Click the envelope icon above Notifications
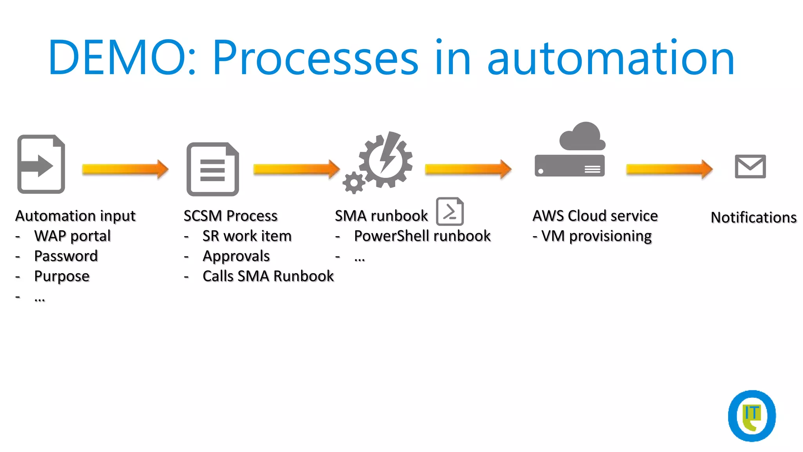pyautogui.click(x=750, y=166)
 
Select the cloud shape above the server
pyautogui.click(x=583, y=137)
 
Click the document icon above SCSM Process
pyautogui.click(x=213, y=169)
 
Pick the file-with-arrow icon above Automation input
pyautogui.click(x=41, y=164)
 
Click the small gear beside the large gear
pyautogui.click(x=354, y=182)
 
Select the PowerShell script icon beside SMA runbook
pyautogui.click(x=450, y=211)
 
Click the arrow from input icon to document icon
pyautogui.click(x=125, y=169)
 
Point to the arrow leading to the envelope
pyautogui.click(x=669, y=169)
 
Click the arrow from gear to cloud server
pyautogui.click(x=468, y=169)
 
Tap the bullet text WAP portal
pyautogui.click(x=73, y=236)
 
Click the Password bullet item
pyautogui.click(x=66, y=256)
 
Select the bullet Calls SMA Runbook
pyautogui.click(x=268, y=276)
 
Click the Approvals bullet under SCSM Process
pyautogui.click(x=236, y=256)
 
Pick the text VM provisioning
pyautogui.click(x=596, y=236)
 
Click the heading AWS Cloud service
pyautogui.click(x=595, y=216)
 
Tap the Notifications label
pyautogui.click(x=753, y=217)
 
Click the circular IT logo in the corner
pyautogui.click(x=751, y=416)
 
